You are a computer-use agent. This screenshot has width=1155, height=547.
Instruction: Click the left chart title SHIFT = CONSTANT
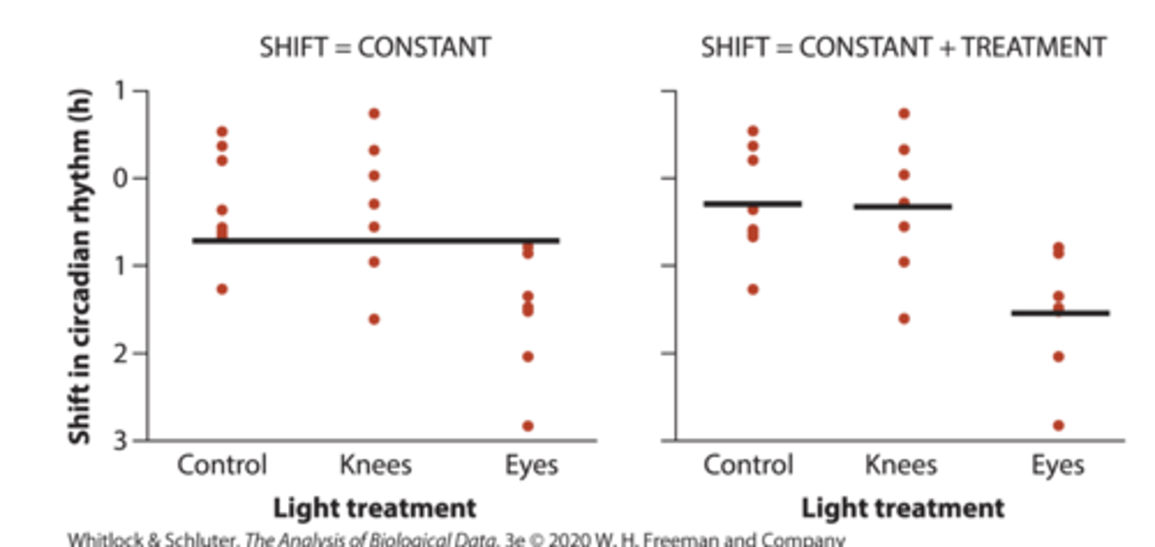tap(375, 48)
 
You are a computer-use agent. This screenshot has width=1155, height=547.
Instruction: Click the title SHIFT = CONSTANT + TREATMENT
tap(903, 48)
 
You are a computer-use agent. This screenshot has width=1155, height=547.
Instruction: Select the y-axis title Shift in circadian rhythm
tap(79, 265)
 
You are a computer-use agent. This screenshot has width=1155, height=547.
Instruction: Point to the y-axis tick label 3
tap(120, 440)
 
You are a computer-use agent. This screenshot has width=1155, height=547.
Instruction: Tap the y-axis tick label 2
tap(120, 353)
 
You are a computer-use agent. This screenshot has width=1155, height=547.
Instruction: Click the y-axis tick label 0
tap(120, 178)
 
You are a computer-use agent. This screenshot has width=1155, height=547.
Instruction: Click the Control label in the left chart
tap(221, 465)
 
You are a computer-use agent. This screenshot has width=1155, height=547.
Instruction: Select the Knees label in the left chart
tap(375, 465)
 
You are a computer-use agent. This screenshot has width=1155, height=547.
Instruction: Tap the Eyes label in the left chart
tap(531, 465)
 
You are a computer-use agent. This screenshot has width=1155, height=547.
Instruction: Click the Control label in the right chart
tap(748, 465)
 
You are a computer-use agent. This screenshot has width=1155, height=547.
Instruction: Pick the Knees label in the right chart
tap(901, 465)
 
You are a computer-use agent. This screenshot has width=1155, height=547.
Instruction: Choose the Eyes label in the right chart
tap(1057, 465)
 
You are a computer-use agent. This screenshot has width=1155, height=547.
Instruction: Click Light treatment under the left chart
tap(375, 508)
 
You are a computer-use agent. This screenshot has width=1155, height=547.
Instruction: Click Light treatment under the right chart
tap(902, 508)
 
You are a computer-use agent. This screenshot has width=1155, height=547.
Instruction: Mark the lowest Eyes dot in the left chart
tap(528, 426)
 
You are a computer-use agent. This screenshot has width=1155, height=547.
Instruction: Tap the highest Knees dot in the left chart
tap(375, 113)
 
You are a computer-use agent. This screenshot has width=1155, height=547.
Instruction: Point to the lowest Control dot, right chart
tap(752, 289)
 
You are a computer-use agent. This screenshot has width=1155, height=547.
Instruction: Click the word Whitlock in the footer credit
tap(101, 540)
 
